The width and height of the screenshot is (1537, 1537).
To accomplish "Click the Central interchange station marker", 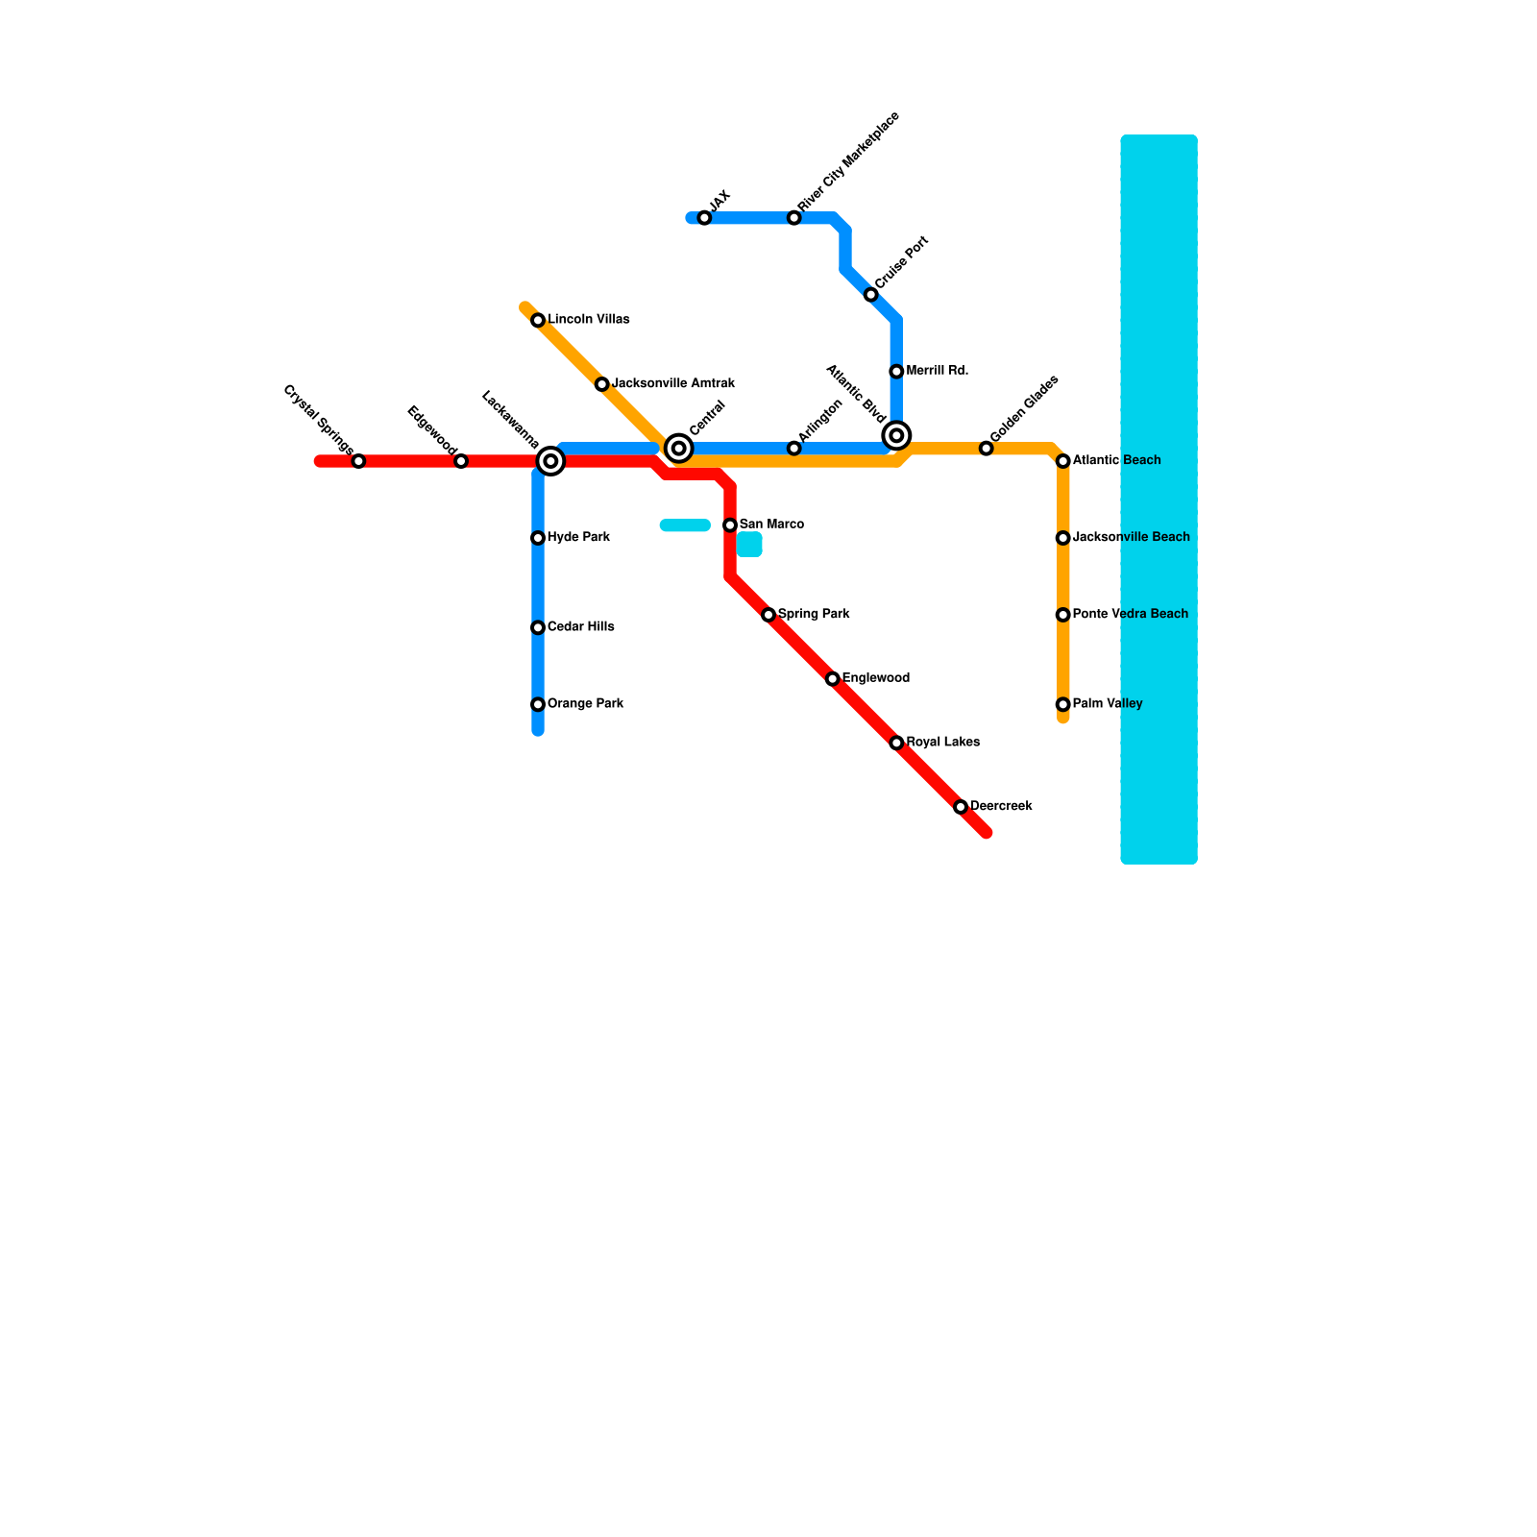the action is tap(679, 448).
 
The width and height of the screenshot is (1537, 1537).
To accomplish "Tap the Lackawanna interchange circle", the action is tap(550, 461).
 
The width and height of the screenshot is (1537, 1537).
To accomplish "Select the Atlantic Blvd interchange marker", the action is tap(896, 435).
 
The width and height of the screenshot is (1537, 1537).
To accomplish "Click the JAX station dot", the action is tap(704, 218).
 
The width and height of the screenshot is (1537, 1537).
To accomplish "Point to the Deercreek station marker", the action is tap(961, 807).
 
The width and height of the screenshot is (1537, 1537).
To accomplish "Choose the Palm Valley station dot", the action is tap(1062, 704).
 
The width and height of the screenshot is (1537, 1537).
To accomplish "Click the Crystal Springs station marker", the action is tap(358, 461).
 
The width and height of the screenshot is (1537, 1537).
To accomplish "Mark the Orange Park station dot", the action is tap(538, 704).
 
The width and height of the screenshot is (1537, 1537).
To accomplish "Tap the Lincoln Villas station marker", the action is tap(538, 320).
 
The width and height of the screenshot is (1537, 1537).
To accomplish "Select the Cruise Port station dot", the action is tap(870, 295).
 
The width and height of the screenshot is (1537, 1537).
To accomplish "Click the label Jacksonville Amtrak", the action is tap(673, 383).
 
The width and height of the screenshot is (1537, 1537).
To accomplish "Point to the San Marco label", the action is tap(771, 525).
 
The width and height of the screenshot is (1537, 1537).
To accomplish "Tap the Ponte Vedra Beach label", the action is tap(1130, 614).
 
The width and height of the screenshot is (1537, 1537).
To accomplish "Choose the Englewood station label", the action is tap(876, 678).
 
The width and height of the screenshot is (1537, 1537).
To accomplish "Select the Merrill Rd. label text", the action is tap(937, 371).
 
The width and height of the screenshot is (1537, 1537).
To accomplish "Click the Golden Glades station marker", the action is tap(986, 449).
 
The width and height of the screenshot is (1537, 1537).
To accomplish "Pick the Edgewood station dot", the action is tap(461, 461).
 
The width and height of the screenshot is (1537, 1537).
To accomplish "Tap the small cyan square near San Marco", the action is tap(749, 545).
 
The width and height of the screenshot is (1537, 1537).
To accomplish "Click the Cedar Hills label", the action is tap(580, 627).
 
